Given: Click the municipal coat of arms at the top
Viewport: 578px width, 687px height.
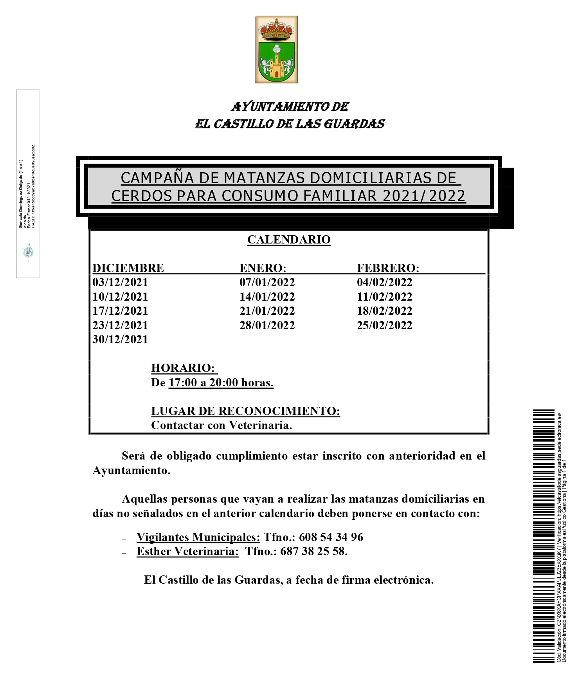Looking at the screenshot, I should coord(276,49).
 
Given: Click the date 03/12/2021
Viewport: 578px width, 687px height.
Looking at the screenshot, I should coord(120,282).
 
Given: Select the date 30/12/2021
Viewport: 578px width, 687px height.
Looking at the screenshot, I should coord(120,339).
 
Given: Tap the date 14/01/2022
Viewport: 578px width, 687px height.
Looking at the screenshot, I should coord(267,297).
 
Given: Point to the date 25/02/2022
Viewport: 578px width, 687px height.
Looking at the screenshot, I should coord(384,325).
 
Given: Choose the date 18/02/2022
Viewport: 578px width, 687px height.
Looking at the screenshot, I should coord(384,311).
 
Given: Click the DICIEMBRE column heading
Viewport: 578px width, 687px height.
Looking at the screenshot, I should coord(128,268).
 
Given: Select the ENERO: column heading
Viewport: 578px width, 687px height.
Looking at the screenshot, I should coord(263,268).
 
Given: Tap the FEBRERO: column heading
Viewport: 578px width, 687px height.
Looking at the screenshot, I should coord(388,268).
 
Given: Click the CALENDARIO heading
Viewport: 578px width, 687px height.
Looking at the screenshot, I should coord(289,240).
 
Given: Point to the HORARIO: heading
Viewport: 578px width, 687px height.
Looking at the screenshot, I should coord(183,368).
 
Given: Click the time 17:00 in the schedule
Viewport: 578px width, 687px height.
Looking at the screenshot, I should coord(182,382).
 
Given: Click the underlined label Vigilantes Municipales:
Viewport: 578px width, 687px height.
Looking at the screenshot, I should coord(198,537).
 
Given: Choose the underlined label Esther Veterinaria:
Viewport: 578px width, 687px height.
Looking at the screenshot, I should coord(187,551).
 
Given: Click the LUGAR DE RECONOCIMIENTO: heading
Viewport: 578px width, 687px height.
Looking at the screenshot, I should coord(245,411).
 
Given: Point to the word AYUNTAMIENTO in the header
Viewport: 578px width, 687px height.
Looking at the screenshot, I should coord(280,106).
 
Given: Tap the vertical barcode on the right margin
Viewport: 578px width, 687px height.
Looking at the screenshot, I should coord(544,536).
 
